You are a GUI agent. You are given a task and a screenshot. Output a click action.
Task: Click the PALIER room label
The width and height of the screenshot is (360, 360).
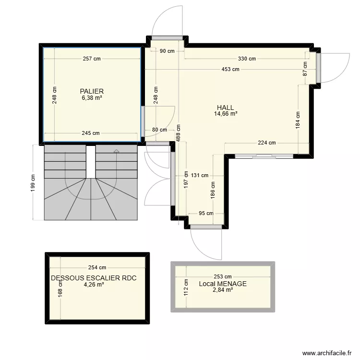[92, 91]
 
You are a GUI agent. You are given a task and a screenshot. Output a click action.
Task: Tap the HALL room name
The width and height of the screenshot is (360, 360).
[225, 108]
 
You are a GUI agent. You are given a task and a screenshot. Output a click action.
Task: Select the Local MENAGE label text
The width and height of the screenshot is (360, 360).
[223, 284]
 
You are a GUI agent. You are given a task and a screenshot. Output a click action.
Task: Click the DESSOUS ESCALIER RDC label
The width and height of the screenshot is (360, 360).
[97, 278]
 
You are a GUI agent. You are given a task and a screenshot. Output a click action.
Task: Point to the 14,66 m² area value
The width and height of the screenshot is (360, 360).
[226, 114]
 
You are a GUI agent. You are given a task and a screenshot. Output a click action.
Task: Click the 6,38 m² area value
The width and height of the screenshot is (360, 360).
[92, 97]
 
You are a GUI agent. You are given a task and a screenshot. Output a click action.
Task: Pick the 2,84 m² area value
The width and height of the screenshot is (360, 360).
[223, 290]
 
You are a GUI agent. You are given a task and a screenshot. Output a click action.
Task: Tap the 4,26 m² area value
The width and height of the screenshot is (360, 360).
[94, 284]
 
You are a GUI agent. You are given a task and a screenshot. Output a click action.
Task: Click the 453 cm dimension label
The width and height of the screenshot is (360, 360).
[230, 70]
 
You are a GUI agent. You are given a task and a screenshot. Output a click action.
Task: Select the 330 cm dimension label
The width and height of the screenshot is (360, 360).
[247, 59]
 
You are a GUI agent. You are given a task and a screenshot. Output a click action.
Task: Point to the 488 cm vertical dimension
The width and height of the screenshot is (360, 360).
[178, 131]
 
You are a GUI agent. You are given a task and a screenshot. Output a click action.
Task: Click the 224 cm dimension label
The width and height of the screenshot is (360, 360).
[267, 143]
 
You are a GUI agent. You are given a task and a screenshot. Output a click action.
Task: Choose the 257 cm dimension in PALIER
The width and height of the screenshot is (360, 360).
[91, 59]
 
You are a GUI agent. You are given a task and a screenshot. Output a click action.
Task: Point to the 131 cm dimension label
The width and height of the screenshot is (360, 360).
[199, 176]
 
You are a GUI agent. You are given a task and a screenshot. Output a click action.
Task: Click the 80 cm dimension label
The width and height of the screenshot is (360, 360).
[160, 130]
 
